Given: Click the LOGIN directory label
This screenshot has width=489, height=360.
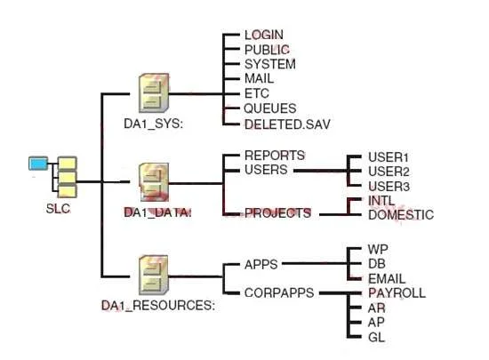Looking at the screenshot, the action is [x=264, y=35].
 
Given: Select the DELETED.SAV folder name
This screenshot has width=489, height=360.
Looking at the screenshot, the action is [x=287, y=124].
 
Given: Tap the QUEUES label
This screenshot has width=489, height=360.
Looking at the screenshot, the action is [x=270, y=108].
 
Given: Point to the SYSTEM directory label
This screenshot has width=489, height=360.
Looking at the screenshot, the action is [x=270, y=64].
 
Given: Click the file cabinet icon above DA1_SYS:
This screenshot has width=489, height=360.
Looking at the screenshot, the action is [x=154, y=92].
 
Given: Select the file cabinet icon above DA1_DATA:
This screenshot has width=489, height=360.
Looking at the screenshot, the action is [x=154, y=182].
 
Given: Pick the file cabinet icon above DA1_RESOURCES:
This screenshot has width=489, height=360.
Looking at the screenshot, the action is [x=154, y=275].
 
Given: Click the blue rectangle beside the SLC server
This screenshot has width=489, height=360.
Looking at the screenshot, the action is [x=38, y=164].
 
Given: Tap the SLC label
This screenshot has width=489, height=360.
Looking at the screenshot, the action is [x=58, y=209].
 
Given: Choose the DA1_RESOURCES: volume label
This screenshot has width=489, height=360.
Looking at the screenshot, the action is [x=158, y=305].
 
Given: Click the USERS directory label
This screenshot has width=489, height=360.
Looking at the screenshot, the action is [x=266, y=170].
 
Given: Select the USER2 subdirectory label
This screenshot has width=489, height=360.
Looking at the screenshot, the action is [x=389, y=172].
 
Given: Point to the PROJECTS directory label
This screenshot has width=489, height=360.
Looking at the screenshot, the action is [x=278, y=213].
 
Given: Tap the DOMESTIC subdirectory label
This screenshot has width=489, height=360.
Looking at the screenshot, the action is [x=401, y=215].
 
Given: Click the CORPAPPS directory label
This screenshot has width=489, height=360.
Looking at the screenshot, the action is [x=279, y=292].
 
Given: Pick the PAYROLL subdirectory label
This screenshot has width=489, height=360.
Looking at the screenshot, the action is [x=397, y=293].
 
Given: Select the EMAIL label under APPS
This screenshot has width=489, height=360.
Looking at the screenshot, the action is [x=387, y=278].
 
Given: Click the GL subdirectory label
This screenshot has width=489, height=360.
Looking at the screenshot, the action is [x=376, y=338].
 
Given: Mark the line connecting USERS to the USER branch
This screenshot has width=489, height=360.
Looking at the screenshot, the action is [x=321, y=171].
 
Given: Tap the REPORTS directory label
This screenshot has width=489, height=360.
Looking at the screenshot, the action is [x=275, y=156].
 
